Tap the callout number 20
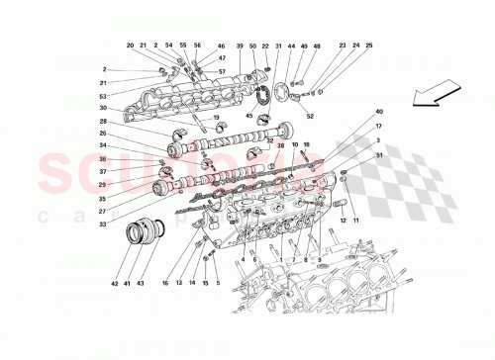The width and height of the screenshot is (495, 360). [x=130, y=46]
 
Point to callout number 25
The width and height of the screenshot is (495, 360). [x=369, y=46]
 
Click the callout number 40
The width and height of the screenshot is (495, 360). [x=378, y=112]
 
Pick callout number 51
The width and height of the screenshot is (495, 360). [x=378, y=154]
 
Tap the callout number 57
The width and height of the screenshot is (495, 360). [x=222, y=72]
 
